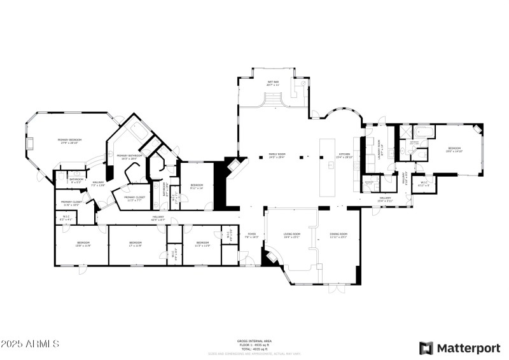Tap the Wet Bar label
(x=272, y=83)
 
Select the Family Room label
(x=276, y=156)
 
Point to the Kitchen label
(x=344, y=156)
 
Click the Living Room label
(x=291, y=235)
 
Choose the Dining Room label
(x=338, y=235)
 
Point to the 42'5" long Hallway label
(x=158, y=219)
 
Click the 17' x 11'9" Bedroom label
(x=136, y=244)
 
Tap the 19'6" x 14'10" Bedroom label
(x=454, y=149)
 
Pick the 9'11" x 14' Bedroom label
(x=196, y=186)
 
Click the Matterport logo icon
(x=426, y=348)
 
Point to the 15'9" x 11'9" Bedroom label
(x=83, y=244)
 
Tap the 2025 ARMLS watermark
(x=30, y=344)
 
